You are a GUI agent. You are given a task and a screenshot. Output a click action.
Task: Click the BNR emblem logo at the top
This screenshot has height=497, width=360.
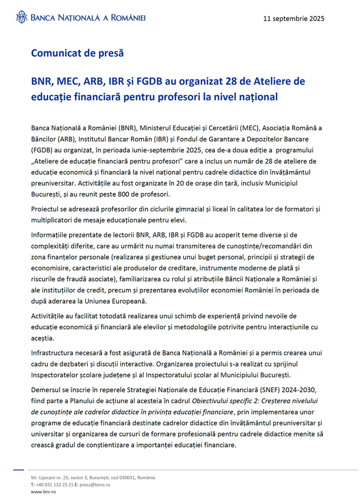click(x=21, y=17)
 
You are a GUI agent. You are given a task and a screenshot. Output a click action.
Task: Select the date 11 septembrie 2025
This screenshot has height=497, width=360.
click(x=294, y=18)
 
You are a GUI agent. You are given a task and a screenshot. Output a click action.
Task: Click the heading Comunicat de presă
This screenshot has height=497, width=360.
click(x=77, y=53)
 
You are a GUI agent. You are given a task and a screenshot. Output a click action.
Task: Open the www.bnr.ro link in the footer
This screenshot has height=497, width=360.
click(x=44, y=492)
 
